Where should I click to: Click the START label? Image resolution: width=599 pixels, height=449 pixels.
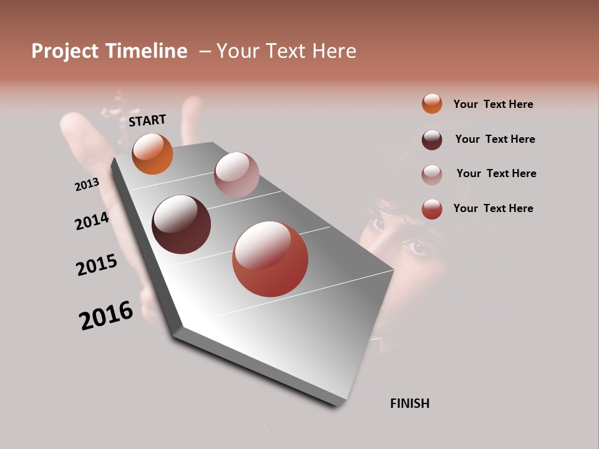tap(147, 120)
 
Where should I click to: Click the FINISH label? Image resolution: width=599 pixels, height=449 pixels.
tap(409, 403)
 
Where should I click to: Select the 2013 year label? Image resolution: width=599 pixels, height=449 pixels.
tap(87, 185)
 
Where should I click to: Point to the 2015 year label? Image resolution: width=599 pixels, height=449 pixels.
tap(97, 265)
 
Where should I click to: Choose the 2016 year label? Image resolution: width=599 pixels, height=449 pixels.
tap(106, 316)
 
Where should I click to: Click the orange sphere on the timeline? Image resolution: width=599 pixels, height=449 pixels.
tap(152, 154)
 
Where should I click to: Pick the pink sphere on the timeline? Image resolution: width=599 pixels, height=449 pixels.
tap(236, 175)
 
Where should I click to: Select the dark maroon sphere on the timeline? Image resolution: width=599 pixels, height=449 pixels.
tap(181, 224)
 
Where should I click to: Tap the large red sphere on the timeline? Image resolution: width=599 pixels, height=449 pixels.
tap(270, 259)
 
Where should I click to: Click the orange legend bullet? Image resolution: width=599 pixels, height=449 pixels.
tap(432, 104)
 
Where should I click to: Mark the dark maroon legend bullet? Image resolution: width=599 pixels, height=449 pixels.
tap(432, 140)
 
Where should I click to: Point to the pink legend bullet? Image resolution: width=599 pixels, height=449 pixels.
tap(432, 174)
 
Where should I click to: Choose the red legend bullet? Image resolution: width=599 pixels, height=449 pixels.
tap(432, 209)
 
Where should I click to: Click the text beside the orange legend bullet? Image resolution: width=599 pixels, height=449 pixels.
tap(493, 104)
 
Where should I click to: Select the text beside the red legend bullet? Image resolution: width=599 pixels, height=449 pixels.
tap(493, 208)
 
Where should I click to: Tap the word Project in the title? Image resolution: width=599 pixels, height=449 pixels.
tap(66, 51)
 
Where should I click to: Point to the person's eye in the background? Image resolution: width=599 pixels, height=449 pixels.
tap(417, 248)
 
